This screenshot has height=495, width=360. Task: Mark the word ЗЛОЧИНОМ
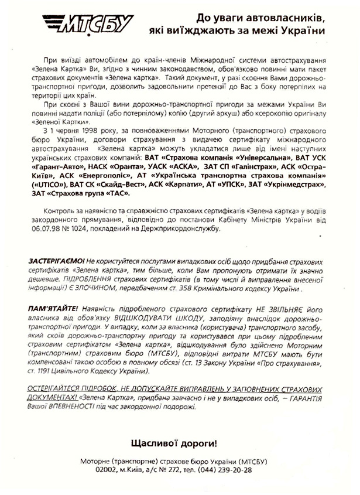[100, 290]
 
